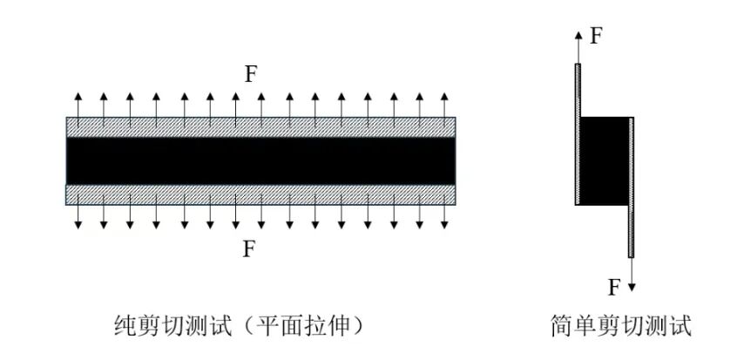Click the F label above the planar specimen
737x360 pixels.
tap(251, 74)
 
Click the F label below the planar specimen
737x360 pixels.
tap(248, 248)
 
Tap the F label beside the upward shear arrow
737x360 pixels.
tap(597, 36)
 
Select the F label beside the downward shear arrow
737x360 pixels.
tap(614, 287)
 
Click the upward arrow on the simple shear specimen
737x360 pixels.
tap(578, 46)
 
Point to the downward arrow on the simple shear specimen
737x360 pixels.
tap(632, 275)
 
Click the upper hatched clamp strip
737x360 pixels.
tap(260, 127)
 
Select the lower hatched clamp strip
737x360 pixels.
tap(260, 195)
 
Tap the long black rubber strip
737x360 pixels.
tap(260, 161)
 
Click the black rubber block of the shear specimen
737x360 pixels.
tap(605, 161)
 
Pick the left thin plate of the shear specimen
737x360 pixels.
tap(578, 134)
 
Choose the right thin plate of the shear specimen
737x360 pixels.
tap(632, 187)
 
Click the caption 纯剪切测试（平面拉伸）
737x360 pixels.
tap(240, 326)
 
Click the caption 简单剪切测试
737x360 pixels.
tap(621, 326)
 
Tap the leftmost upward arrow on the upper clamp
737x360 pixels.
tap(78, 110)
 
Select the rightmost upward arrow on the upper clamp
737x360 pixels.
tap(444, 110)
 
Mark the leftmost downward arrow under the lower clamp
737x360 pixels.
tap(78, 212)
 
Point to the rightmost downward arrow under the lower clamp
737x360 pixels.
tap(444, 212)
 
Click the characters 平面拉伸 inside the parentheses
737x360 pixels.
tap(304, 326)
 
